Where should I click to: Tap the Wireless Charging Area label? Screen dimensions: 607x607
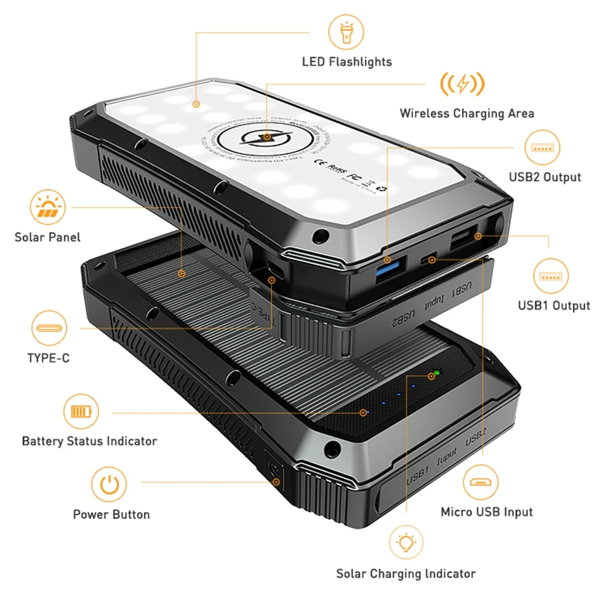tap(466, 113)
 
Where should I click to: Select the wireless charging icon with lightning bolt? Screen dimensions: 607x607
tap(463, 84)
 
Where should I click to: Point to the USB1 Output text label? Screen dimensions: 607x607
tap(554, 305)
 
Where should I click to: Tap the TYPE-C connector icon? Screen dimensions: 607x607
tap(49, 328)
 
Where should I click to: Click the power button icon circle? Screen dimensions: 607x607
tap(109, 484)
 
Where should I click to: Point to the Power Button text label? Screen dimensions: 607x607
tap(111, 514)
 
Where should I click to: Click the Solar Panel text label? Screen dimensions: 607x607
tap(47, 237)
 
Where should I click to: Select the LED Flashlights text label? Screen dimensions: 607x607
tap(347, 61)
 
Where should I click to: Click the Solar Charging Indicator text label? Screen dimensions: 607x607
tap(405, 573)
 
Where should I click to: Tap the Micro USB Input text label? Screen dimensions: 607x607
tap(486, 512)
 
